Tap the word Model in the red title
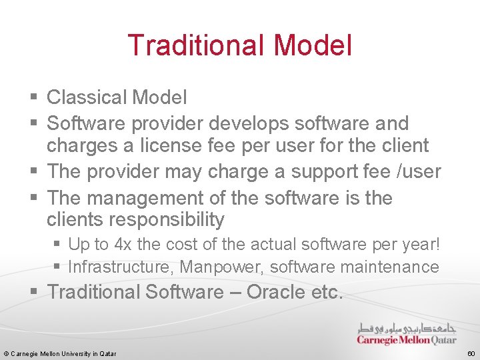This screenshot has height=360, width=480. pos(312,45)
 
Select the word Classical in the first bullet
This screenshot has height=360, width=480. pos(87,97)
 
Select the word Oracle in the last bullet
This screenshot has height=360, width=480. pos(265,292)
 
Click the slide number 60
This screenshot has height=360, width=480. pos(471,353)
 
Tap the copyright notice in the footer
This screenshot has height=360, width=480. pos(60,353)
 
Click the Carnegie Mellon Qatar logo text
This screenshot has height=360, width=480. pos(407,339)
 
